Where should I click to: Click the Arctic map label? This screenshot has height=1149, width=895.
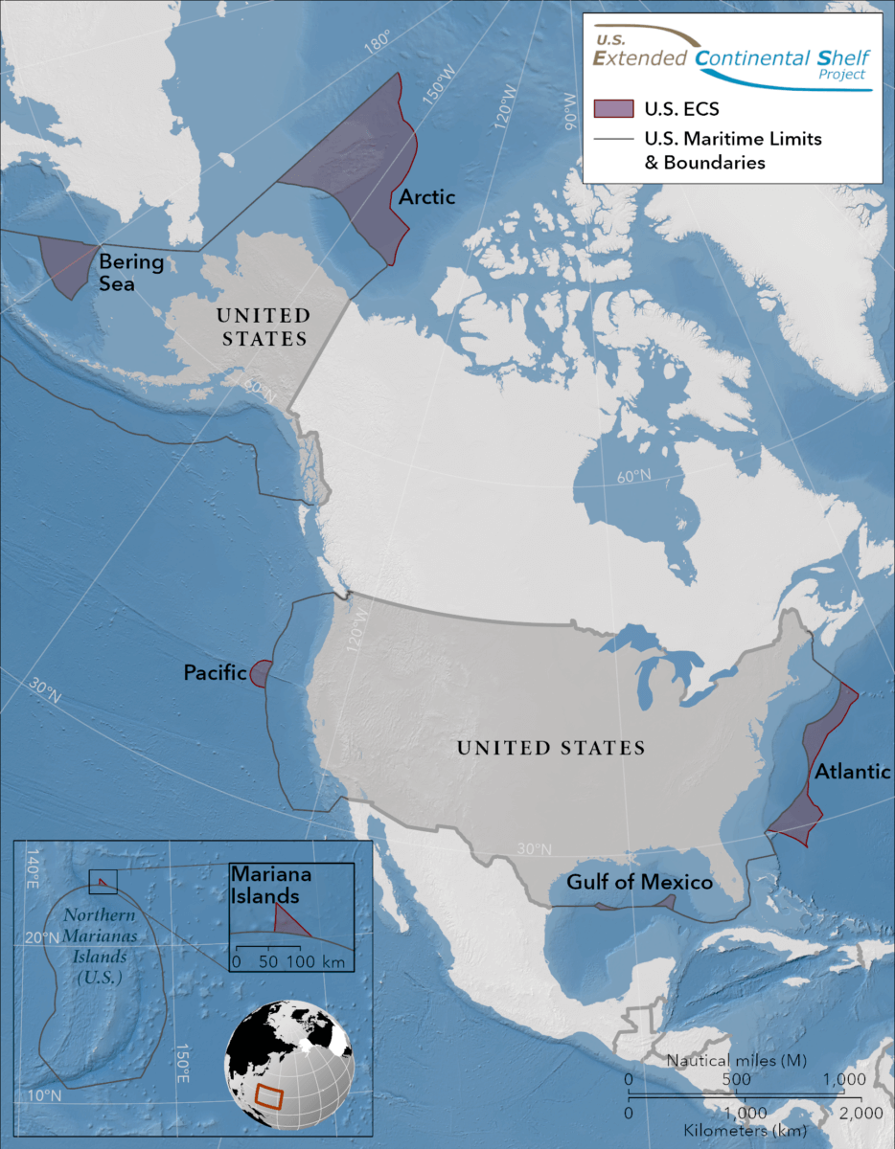coord(427,197)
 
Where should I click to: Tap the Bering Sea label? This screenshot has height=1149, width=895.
coord(132,272)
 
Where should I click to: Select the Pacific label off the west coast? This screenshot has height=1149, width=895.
coord(215,674)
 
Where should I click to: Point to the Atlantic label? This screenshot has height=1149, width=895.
coord(853,772)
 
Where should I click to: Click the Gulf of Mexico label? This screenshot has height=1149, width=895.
coord(639,882)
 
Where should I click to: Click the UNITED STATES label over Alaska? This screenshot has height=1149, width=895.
coord(263,327)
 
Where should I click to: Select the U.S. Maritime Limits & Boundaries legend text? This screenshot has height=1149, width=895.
coord(733,150)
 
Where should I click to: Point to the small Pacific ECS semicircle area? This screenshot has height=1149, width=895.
coord(260,674)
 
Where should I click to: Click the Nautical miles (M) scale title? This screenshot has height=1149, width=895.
coord(735,1060)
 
